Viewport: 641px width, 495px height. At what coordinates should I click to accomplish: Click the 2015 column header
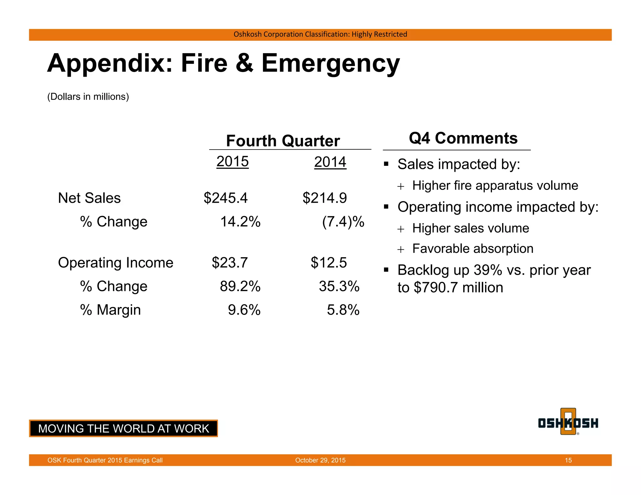pyautogui.click(x=233, y=161)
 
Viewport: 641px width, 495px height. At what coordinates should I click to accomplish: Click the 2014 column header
pyautogui.click(x=330, y=162)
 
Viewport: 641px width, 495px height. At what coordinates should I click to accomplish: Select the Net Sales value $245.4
pyautogui.click(x=225, y=198)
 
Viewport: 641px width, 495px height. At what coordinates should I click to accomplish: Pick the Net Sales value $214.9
pyautogui.click(x=325, y=198)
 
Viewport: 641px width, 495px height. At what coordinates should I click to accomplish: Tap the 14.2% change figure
pyautogui.click(x=240, y=222)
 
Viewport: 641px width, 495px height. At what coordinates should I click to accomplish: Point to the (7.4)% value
pyautogui.click(x=343, y=222)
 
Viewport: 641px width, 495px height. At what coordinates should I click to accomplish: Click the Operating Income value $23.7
pyautogui.click(x=230, y=263)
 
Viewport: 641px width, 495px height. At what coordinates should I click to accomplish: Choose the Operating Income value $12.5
pyautogui.click(x=329, y=263)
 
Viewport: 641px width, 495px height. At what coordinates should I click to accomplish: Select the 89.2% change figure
pyautogui.click(x=240, y=286)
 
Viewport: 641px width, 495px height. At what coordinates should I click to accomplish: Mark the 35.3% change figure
pyautogui.click(x=339, y=286)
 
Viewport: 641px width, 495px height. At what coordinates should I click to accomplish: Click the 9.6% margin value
pyautogui.click(x=244, y=310)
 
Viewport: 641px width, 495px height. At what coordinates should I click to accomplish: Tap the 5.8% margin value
pyautogui.click(x=343, y=310)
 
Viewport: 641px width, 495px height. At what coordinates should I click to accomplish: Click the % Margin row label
pyautogui.click(x=110, y=310)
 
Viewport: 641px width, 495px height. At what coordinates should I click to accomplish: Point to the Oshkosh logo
pyautogui.click(x=568, y=422)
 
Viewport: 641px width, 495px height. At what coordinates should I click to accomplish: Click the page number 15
pyautogui.click(x=568, y=460)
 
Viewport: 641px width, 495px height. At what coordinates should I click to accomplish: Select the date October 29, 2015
pyautogui.click(x=320, y=460)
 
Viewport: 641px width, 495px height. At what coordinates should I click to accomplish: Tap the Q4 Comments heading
pyautogui.click(x=463, y=138)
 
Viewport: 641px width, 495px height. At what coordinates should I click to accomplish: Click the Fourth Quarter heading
pyautogui.click(x=283, y=141)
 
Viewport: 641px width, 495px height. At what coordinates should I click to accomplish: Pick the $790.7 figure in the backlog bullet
pyautogui.click(x=436, y=288)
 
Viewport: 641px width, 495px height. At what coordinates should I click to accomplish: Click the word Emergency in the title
pyautogui.click(x=331, y=63)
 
